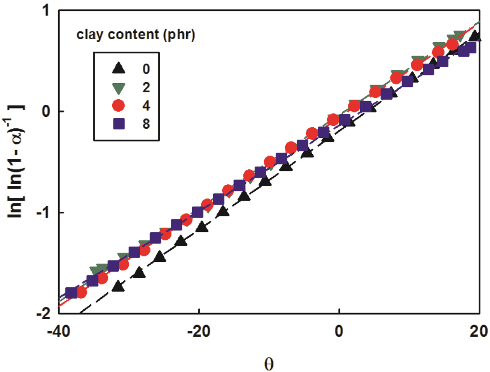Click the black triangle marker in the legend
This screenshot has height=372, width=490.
coord(119,68)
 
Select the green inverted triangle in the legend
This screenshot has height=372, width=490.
coord(119,88)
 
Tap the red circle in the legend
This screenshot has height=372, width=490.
coord(118,105)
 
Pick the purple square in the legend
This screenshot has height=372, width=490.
coord(119,124)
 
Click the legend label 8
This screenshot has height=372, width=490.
coord(146,124)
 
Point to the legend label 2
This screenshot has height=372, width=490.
coord(146,88)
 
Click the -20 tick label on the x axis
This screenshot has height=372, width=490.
coord(199,331)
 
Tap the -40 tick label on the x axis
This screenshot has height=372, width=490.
coord(58,331)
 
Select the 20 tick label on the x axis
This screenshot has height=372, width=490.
coord(478,331)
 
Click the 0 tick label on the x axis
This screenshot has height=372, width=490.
coord(339,331)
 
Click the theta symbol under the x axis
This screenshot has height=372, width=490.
coord(269,364)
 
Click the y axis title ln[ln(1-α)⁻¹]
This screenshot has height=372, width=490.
coord(16,161)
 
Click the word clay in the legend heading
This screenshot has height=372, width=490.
coord(90,35)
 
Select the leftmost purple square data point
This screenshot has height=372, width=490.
coord(72,293)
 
